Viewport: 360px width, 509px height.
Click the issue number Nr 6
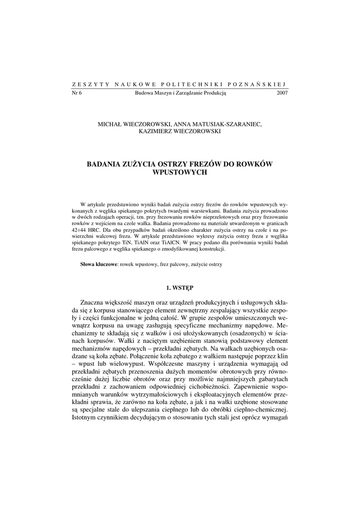pos(77,93)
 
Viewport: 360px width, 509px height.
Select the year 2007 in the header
pos(282,93)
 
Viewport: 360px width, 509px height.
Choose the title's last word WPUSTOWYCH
pos(180,172)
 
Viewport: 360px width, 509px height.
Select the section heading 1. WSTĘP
pos(180,287)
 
